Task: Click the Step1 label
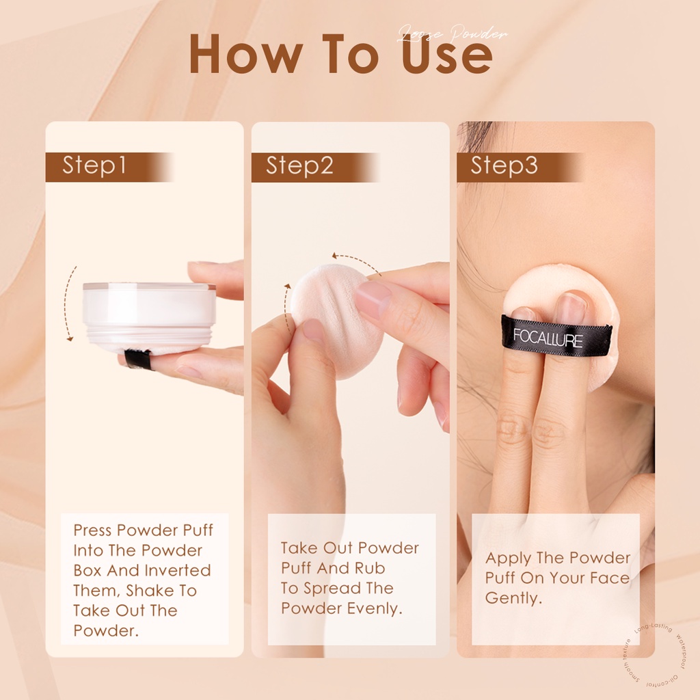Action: pos(94,166)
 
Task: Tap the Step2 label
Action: pos(299,166)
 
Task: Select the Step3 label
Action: pos(504,166)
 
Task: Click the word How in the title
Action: pos(237,55)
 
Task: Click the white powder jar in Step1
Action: pos(149,314)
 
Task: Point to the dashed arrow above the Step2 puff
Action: pos(355,262)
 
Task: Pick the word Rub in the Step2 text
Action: pos(370,568)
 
